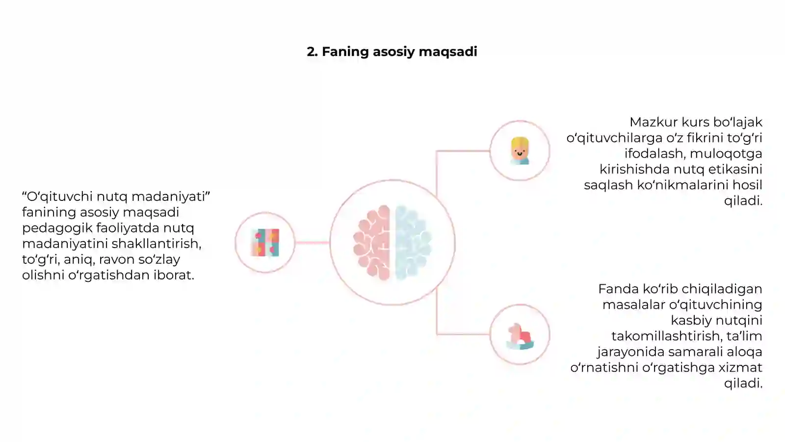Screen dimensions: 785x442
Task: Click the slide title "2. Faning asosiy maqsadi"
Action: click(x=392, y=52)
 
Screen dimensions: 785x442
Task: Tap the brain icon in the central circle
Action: click(x=392, y=243)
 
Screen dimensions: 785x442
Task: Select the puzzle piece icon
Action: click(x=265, y=243)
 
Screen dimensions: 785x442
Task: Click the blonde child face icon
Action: click(x=520, y=151)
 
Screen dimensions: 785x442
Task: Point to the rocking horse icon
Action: click(x=520, y=336)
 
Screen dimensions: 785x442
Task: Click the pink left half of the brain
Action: click(x=372, y=243)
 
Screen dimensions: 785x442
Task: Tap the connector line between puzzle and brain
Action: click(x=312, y=243)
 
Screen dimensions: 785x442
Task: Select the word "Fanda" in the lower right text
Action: click(x=618, y=289)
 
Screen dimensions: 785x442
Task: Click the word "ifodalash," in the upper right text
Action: click(x=655, y=154)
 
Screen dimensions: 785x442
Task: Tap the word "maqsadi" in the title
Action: click(x=448, y=52)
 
